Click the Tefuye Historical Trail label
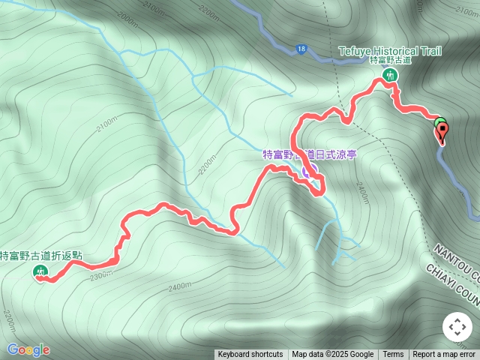(x=389, y=51)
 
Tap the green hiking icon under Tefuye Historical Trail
(x=390, y=75)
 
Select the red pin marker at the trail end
(x=442, y=133)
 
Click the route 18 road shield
(x=301, y=49)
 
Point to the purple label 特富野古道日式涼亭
(x=309, y=154)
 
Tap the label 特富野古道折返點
(x=41, y=256)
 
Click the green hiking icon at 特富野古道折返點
(x=40, y=272)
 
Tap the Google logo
(x=28, y=349)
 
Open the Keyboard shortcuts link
(x=250, y=355)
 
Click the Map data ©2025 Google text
(x=333, y=355)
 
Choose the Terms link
(x=393, y=355)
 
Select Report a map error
(x=444, y=355)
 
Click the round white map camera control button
(x=457, y=327)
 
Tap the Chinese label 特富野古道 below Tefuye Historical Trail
(x=391, y=60)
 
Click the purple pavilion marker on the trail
(x=307, y=174)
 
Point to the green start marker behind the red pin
(x=439, y=122)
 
